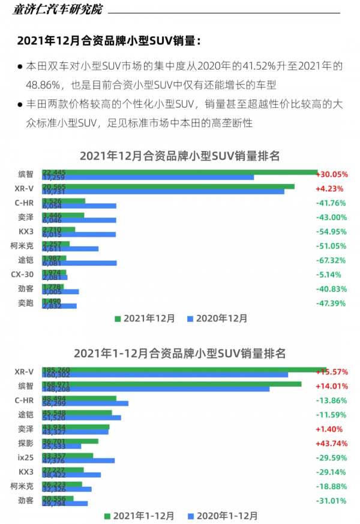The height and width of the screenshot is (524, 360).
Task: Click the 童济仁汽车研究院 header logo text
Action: coord(57,10)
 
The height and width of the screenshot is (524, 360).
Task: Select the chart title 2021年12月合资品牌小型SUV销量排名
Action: coord(180,156)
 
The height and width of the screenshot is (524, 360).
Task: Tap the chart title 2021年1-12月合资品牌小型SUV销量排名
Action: coord(180,353)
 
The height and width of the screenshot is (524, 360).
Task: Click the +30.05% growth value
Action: coord(332,174)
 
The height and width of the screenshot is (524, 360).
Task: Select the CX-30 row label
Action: coord(22,275)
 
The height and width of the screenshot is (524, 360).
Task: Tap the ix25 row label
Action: coord(25,457)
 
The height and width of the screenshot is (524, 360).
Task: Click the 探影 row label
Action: coord(25,444)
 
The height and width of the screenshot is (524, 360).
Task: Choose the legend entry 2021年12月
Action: coord(144,319)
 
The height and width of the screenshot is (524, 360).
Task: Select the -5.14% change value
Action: coord(332,275)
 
